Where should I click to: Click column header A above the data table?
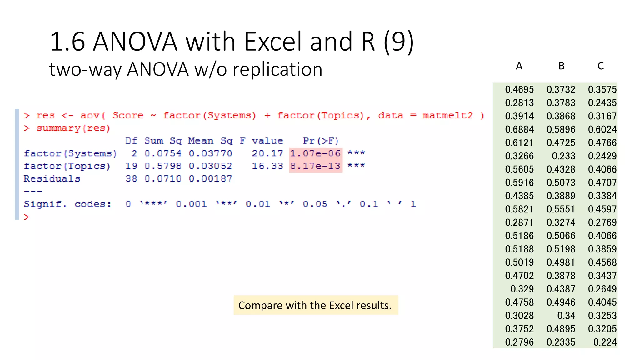coord(519,66)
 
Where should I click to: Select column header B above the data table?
coord(561,66)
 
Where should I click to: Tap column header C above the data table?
coord(601,66)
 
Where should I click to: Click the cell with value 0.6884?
coord(519,129)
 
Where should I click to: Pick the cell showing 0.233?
coord(563,156)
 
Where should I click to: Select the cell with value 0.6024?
coord(602,129)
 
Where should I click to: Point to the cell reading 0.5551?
coord(561,209)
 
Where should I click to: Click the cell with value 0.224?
coord(605,342)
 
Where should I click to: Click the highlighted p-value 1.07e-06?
coord(315,153)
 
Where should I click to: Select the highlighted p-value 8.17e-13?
coord(315,166)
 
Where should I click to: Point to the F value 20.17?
coord(267,153)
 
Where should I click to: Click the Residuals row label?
coord(52,179)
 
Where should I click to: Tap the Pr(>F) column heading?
coord(321,141)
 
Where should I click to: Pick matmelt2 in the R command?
coord(447,116)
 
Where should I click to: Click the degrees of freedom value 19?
coord(131,166)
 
